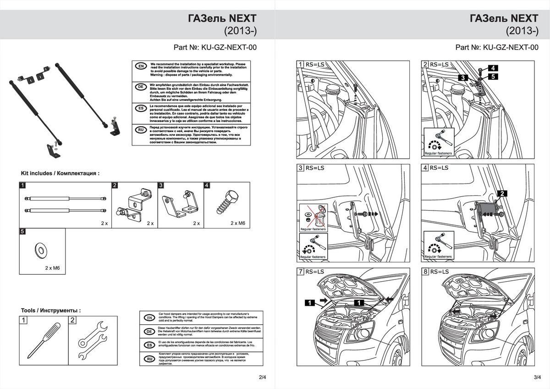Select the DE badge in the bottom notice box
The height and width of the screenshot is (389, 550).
[x=148, y=331]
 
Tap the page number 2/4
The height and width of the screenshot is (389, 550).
[x=262, y=377]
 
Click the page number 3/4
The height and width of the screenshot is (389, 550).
[x=538, y=377]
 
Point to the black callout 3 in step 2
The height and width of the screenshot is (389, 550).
[x=464, y=78]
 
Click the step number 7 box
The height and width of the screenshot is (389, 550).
[x=301, y=272]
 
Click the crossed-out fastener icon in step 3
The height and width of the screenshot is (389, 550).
[x=313, y=215]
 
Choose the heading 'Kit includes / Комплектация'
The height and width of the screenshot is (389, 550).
[x=60, y=173]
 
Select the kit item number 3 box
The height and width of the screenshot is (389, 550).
[x=161, y=186]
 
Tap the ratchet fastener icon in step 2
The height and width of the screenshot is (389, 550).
[x=438, y=139]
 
